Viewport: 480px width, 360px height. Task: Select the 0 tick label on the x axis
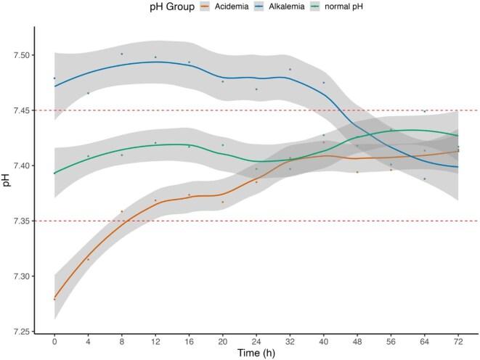tap(54, 340)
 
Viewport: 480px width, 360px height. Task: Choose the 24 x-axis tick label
tap(256, 340)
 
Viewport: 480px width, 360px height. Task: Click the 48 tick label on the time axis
tap(357, 340)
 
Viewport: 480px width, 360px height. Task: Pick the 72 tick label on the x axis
tap(457, 340)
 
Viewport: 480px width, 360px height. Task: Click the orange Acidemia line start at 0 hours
tap(54, 298)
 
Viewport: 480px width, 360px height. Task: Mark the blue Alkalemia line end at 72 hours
tap(457, 167)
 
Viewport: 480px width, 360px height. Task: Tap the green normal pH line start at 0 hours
tap(54, 173)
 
